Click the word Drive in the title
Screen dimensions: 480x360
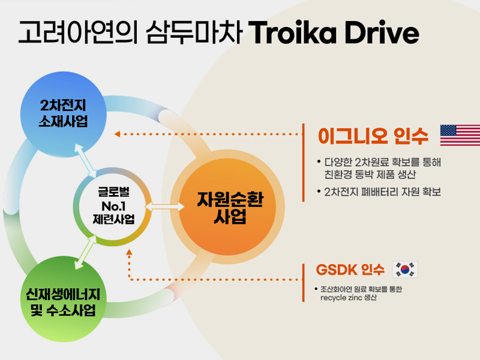tap(382, 32)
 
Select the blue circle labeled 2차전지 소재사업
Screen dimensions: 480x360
tap(64, 115)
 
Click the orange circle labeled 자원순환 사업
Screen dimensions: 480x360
tap(227, 207)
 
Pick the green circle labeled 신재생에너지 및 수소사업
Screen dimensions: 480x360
tap(64, 299)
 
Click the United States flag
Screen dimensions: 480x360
tap(460, 135)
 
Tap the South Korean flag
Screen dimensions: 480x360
tap(405, 269)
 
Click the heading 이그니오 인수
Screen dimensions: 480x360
tap(373, 136)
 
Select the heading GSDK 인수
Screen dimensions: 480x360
tap(350, 269)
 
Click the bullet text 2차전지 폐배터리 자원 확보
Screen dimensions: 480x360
tap(383, 192)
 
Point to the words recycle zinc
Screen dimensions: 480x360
tap(341, 298)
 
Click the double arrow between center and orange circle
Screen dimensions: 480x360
tap(164, 206)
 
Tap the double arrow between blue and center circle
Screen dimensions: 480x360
tap(86, 161)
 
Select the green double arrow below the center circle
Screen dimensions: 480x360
tap(86, 252)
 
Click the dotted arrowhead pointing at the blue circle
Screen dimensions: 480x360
tap(117, 134)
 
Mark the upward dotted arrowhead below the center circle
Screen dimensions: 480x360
tap(129, 252)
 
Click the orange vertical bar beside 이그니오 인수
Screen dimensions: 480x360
tap(303, 163)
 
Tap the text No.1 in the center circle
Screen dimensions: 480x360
tap(113, 206)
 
